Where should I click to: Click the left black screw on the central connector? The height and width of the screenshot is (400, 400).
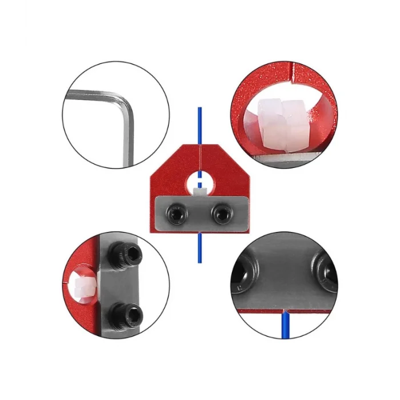pyautogui.click(x=176, y=215)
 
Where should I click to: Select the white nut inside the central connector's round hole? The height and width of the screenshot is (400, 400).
pyautogui.click(x=200, y=190)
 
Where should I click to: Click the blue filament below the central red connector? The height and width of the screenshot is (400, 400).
pyautogui.click(x=199, y=249)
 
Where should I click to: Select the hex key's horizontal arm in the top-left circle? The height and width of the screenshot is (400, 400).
pyautogui.click(x=94, y=97)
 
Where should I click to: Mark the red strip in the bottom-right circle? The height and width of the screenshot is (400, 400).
pyautogui.click(x=257, y=310)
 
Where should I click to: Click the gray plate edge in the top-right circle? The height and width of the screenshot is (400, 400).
pyautogui.click(x=286, y=158)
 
